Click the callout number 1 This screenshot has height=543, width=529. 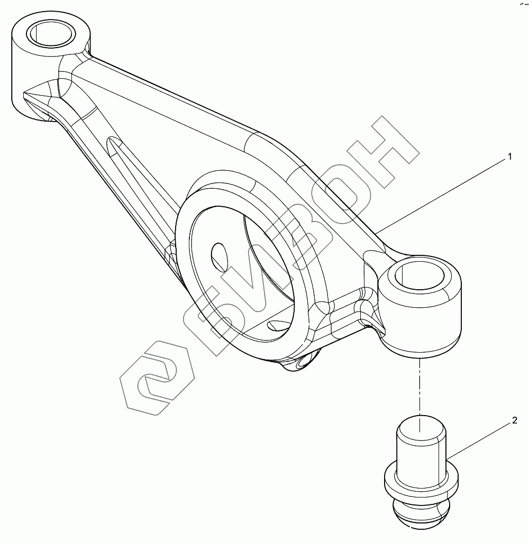pos(509,157)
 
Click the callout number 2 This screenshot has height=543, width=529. pos(514,421)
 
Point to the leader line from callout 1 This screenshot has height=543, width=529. pos(444,194)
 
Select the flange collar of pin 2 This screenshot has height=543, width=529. pos(419,478)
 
